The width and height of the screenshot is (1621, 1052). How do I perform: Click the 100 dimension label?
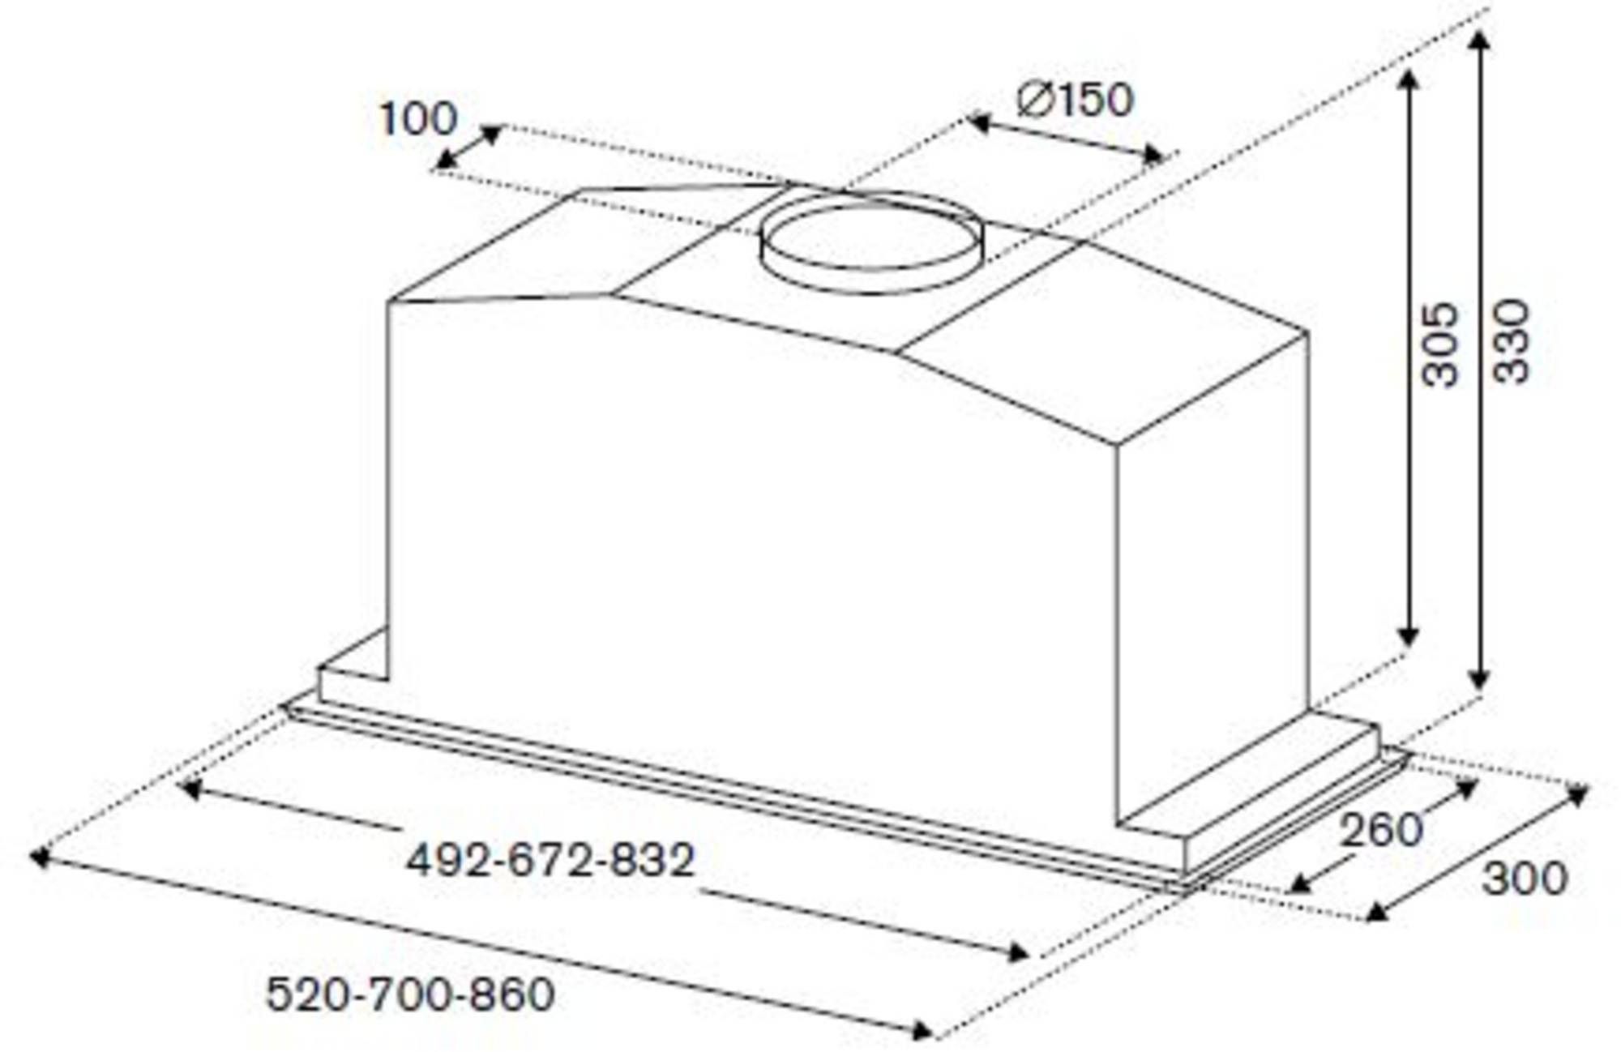point(418,119)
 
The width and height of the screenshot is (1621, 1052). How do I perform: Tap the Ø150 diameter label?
point(1075,100)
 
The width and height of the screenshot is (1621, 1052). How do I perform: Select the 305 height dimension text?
point(1440,344)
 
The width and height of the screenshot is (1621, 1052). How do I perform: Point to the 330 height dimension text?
point(1511,341)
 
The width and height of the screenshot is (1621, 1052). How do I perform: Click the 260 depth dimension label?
point(1380,830)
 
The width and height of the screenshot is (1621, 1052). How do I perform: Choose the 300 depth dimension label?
point(1524,879)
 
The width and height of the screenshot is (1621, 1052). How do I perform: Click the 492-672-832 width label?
point(550,860)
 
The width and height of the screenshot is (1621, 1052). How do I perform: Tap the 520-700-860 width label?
point(410,994)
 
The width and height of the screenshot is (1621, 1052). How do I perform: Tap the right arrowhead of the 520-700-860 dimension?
point(922,1031)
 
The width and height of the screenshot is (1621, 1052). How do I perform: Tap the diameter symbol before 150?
point(1034,101)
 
